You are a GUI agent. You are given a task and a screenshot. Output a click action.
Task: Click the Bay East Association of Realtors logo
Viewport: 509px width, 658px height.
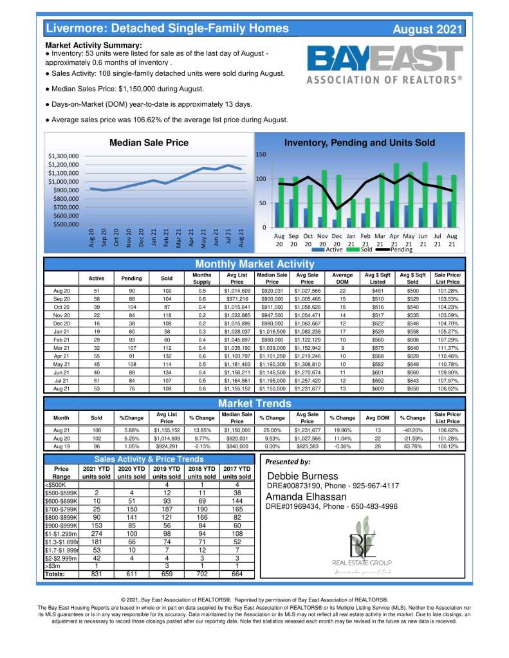tap(384, 64)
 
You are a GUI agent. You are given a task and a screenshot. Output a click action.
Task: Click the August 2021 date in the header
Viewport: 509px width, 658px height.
tap(427, 29)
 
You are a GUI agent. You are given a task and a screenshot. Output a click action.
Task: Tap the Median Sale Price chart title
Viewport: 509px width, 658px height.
tap(149, 142)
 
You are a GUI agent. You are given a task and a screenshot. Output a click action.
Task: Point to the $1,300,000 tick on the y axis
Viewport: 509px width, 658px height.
tap(63, 156)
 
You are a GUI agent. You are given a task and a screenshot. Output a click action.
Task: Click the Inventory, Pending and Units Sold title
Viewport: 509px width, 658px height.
tap(359, 142)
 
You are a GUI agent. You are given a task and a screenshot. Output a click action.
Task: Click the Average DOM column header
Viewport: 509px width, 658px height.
tap(342, 278)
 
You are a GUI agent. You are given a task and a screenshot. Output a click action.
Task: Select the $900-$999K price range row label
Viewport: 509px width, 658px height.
tap(59, 524)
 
